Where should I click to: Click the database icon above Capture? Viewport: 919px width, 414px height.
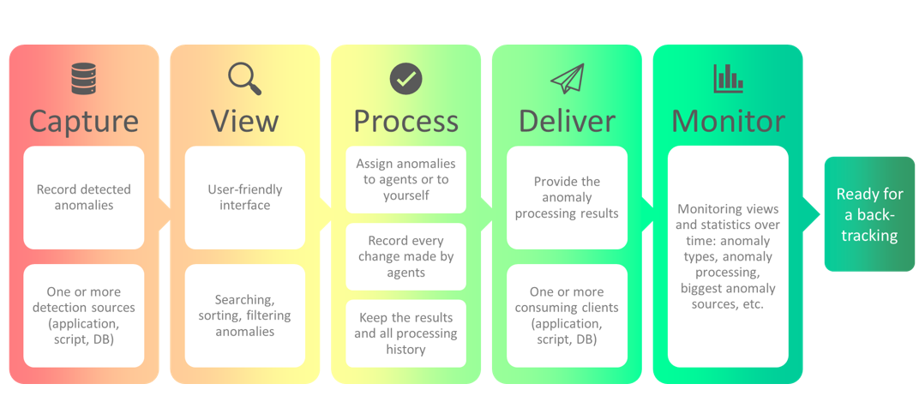[x=83, y=79]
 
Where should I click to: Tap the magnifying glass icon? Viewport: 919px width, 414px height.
[x=244, y=79]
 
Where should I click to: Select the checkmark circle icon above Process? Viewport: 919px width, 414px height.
[x=405, y=79]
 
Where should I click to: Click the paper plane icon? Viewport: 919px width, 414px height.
[x=567, y=79]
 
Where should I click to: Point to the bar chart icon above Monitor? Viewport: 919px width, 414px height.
[x=728, y=79]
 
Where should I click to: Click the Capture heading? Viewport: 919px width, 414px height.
[x=83, y=121]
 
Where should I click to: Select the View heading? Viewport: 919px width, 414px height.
[x=244, y=121]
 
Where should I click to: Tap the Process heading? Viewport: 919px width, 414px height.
[x=405, y=121]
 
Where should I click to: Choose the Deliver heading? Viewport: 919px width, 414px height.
[x=567, y=121]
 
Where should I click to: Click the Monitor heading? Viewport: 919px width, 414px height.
[x=728, y=121]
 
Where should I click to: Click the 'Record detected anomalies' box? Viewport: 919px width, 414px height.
[x=83, y=197]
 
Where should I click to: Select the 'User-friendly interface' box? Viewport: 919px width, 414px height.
[x=244, y=197]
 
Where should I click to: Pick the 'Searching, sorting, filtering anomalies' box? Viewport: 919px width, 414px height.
[x=244, y=315]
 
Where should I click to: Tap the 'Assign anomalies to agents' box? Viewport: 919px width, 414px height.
[x=405, y=180]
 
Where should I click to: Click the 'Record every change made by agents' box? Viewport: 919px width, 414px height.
[x=405, y=256]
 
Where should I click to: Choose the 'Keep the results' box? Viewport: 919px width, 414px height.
[x=405, y=333]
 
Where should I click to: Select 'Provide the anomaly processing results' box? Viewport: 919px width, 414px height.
[x=567, y=197]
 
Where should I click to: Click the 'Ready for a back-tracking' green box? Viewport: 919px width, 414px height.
[x=869, y=214]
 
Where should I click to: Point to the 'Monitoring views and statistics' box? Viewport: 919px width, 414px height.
[x=728, y=256]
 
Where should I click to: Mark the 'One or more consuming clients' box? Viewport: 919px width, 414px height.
[x=567, y=315]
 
